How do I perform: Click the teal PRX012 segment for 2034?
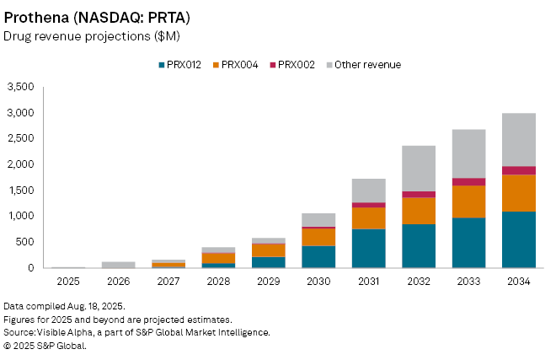[518, 239]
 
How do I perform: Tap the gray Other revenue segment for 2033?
[468, 153]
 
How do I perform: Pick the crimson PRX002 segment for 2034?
[518, 170]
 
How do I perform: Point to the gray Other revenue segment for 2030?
[318, 219]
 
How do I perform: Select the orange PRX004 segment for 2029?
[268, 250]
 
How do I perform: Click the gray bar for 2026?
[118, 265]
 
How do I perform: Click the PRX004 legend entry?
[239, 65]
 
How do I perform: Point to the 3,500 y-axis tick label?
[20, 87]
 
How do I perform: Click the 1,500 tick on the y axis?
[20, 191]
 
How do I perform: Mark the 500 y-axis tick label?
[25, 242]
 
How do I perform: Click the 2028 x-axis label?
[218, 282]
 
